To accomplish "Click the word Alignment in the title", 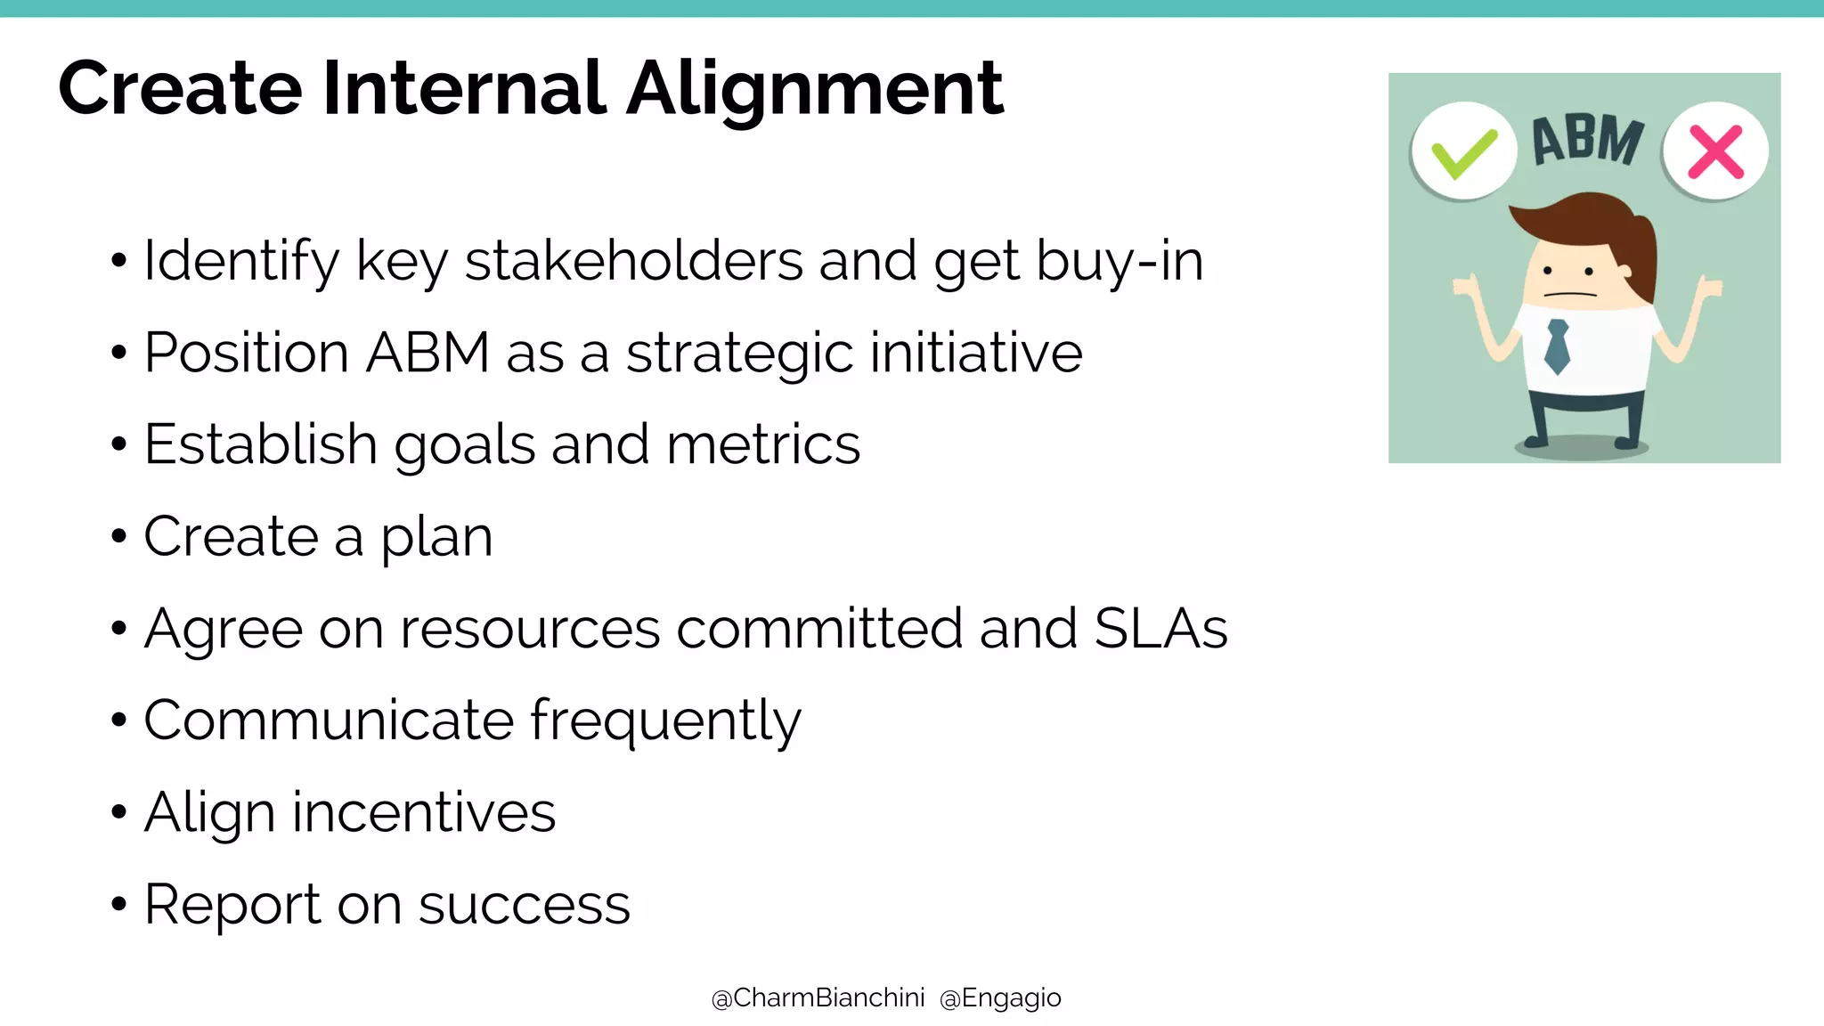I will (815, 89).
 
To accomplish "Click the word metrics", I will (762, 444).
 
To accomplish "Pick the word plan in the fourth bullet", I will (436, 538).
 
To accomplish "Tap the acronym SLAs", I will (1160, 629).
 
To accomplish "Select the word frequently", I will (665, 721).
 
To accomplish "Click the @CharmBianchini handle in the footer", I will (818, 998).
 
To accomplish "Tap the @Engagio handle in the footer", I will (1000, 998).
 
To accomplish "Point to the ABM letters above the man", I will (1588, 141).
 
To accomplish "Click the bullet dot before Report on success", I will (119, 905).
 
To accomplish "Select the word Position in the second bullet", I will (245, 354).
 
